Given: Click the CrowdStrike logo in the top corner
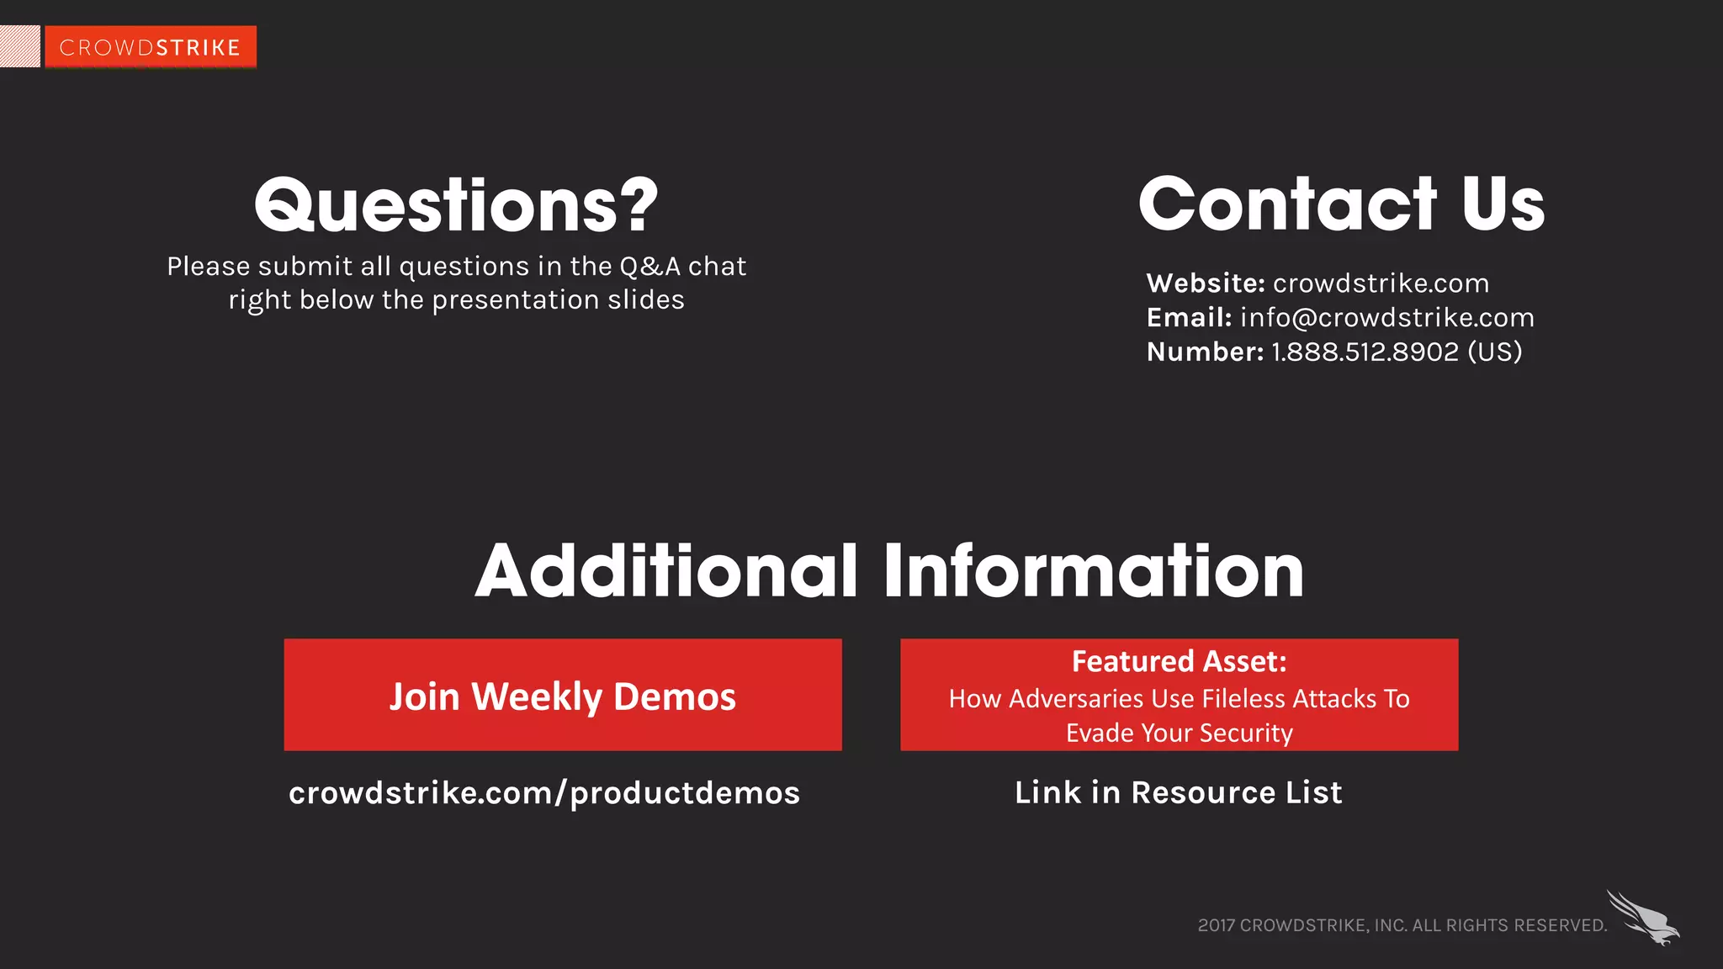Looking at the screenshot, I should (x=151, y=47).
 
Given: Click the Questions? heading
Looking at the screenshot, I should (x=456, y=205).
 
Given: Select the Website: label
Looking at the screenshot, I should (x=1205, y=283).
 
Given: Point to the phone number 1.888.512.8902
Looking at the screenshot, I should (x=1365, y=352).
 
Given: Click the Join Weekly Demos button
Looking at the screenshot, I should (x=562, y=695).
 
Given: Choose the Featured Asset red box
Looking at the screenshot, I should (x=1179, y=695).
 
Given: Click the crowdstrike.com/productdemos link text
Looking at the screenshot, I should (x=544, y=792).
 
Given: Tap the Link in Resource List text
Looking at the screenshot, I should (x=1178, y=792).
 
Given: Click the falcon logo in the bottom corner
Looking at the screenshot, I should (x=1642, y=918).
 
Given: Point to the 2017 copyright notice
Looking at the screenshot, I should (x=1402, y=925).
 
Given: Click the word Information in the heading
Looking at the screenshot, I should (x=1093, y=571).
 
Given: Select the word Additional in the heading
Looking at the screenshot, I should (x=666, y=571).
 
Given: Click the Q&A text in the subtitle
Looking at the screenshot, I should (x=649, y=267).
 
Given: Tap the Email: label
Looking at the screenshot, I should (x=1189, y=318).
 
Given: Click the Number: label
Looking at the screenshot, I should (x=1205, y=352).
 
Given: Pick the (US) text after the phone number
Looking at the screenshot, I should (x=1495, y=352).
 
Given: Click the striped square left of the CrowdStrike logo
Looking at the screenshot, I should (x=19, y=46).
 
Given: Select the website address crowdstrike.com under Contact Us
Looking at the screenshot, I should (x=1381, y=283).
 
